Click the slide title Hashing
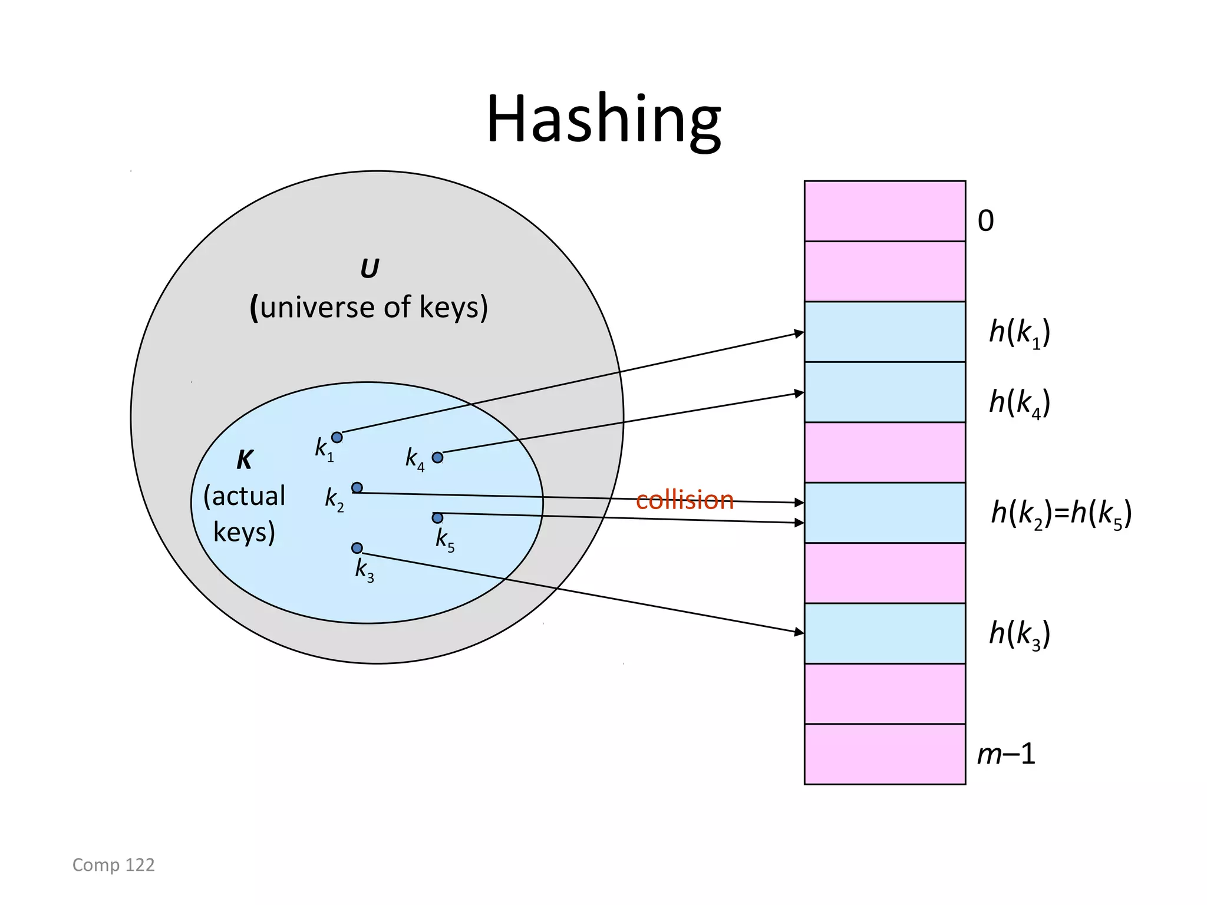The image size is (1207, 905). click(603, 120)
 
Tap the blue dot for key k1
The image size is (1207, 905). click(337, 437)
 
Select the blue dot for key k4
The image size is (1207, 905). click(437, 457)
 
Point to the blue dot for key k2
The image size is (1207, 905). click(357, 487)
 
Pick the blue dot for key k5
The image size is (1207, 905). click(437, 518)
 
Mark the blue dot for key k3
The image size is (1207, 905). click(357, 548)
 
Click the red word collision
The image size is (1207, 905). click(684, 500)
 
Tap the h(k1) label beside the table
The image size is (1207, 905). click(1019, 333)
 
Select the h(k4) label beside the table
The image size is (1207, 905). click(1019, 403)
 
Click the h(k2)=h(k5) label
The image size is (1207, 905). click(1061, 513)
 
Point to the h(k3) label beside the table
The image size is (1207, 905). click(1019, 634)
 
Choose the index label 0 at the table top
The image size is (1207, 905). click(985, 222)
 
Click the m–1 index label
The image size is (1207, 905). click(1005, 754)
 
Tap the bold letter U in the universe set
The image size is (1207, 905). click(370, 269)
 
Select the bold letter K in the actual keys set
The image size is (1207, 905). click(245, 460)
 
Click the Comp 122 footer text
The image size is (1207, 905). click(113, 864)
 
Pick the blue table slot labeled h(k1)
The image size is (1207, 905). click(884, 332)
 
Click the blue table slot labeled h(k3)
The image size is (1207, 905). click(884, 633)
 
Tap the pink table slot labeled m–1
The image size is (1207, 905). click(884, 754)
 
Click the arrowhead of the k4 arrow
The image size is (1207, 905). click(799, 393)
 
